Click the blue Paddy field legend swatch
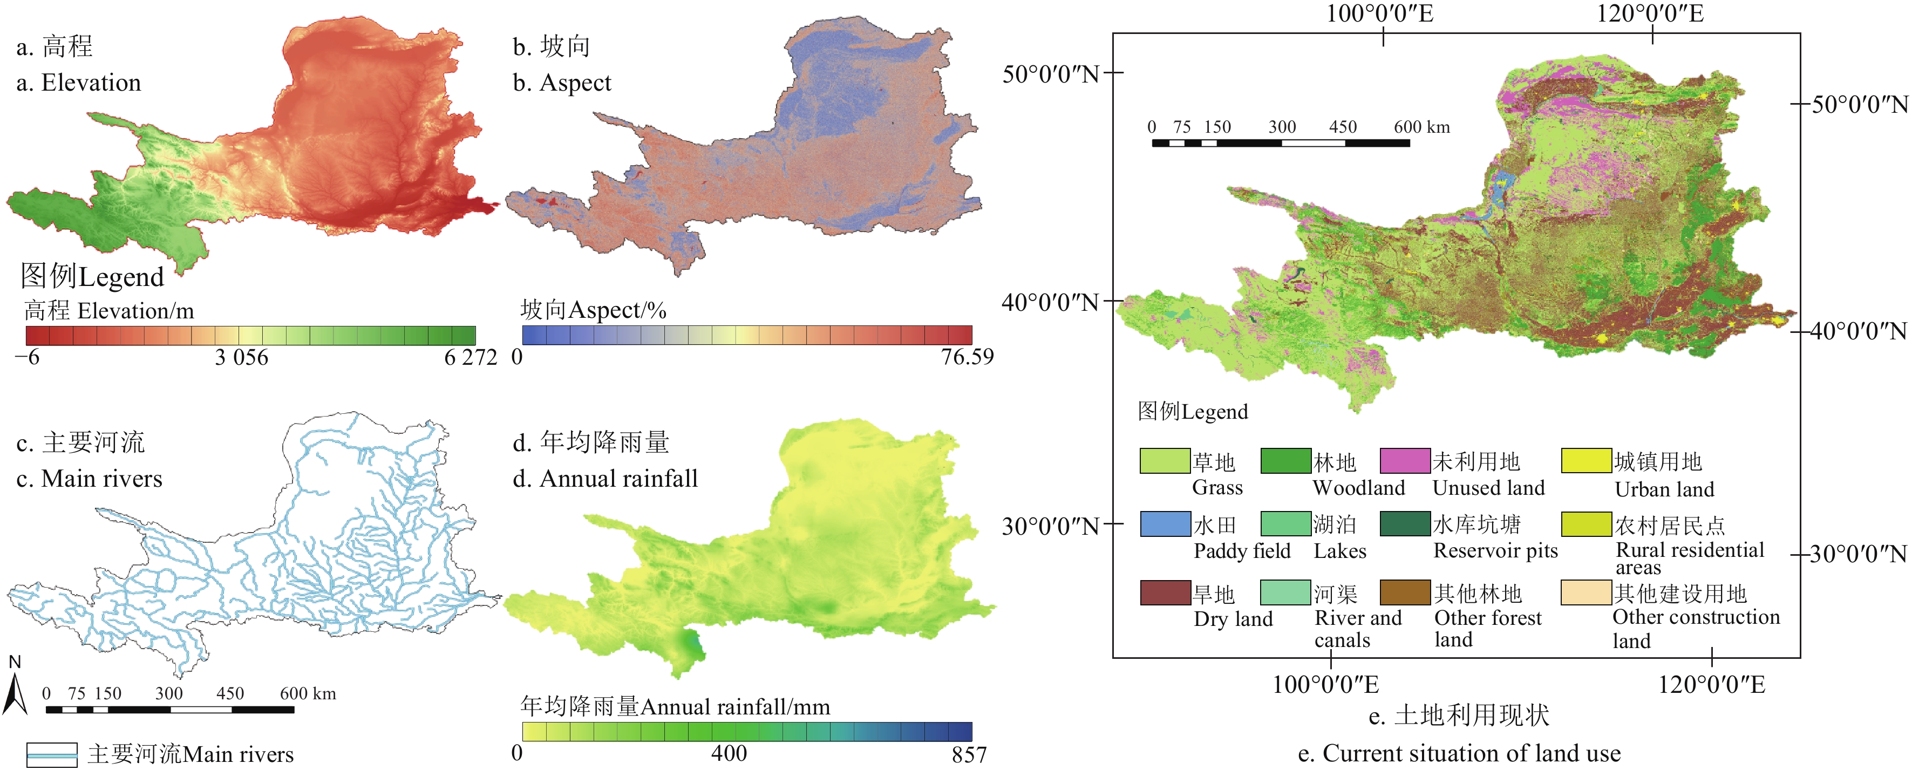(1165, 524)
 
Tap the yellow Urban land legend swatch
(1586, 461)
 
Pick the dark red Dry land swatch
(1165, 592)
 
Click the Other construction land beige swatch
(1586, 592)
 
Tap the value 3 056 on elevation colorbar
(241, 358)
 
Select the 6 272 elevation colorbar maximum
(471, 358)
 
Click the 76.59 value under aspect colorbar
(967, 357)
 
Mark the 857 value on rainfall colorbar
(969, 754)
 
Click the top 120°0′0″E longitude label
(1650, 13)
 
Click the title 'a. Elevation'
(79, 83)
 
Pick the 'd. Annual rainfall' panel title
(605, 479)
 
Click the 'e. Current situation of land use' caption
(1459, 753)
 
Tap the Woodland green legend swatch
(1285, 461)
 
